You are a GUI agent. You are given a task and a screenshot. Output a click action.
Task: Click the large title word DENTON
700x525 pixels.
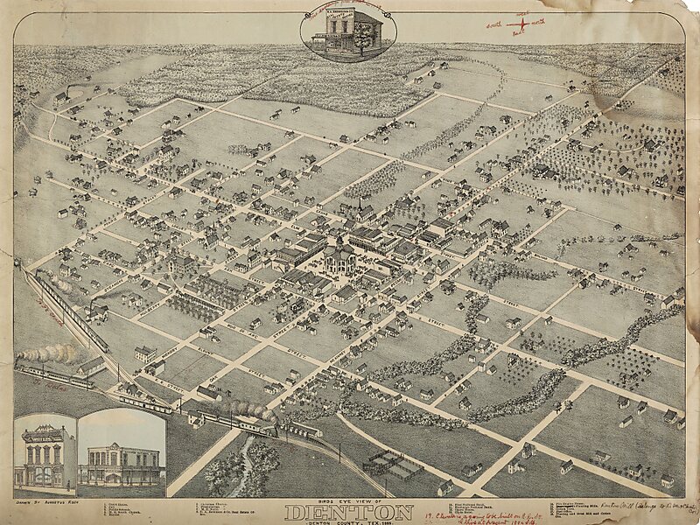pos(349,512)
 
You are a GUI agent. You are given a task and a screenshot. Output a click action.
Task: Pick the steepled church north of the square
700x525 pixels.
pos(360,210)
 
